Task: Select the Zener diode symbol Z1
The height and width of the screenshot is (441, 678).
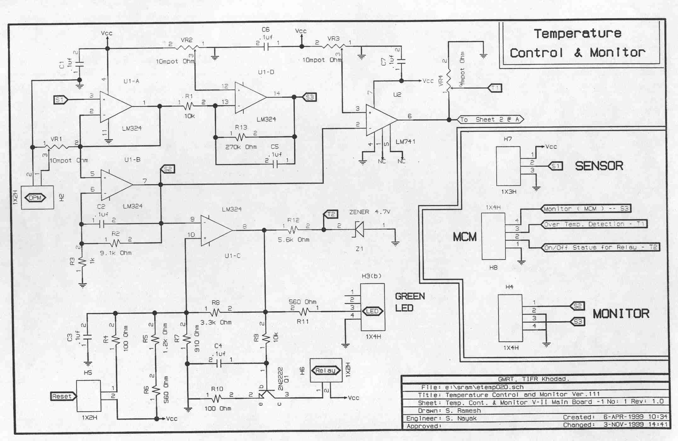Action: click(x=359, y=229)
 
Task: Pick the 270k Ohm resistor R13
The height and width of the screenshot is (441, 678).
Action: click(x=241, y=137)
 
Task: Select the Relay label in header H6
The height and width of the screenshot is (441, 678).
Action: click(x=326, y=371)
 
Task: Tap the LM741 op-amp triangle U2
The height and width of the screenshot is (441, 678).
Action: click(x=380, y=120)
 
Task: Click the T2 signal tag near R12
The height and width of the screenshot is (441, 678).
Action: click(x=331, y=214)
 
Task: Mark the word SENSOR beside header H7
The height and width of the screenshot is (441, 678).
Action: click(x=599, y=166)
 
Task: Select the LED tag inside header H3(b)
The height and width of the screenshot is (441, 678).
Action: click(x=372, y=312)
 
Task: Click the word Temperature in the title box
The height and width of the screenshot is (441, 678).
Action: click(x=578, y=34)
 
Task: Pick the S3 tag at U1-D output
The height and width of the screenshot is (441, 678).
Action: click(x=309, y=97)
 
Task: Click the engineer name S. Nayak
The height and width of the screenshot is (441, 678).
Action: click(x=461, y=418)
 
